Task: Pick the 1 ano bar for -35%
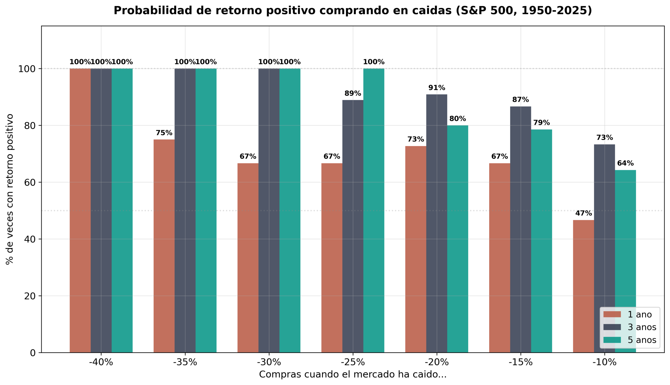click(164, 246)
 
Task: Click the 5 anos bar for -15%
click(541, 241)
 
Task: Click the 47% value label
click(583, 213)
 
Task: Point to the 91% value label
click(437, 88)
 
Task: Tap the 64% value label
click(625, 163)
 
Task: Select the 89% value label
click(353, 93)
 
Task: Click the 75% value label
click(164, 133)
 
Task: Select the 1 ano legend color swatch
click(612, 314)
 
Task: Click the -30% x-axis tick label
click(269, 362)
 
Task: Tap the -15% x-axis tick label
click(521, 362)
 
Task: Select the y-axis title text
click(9, 189)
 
